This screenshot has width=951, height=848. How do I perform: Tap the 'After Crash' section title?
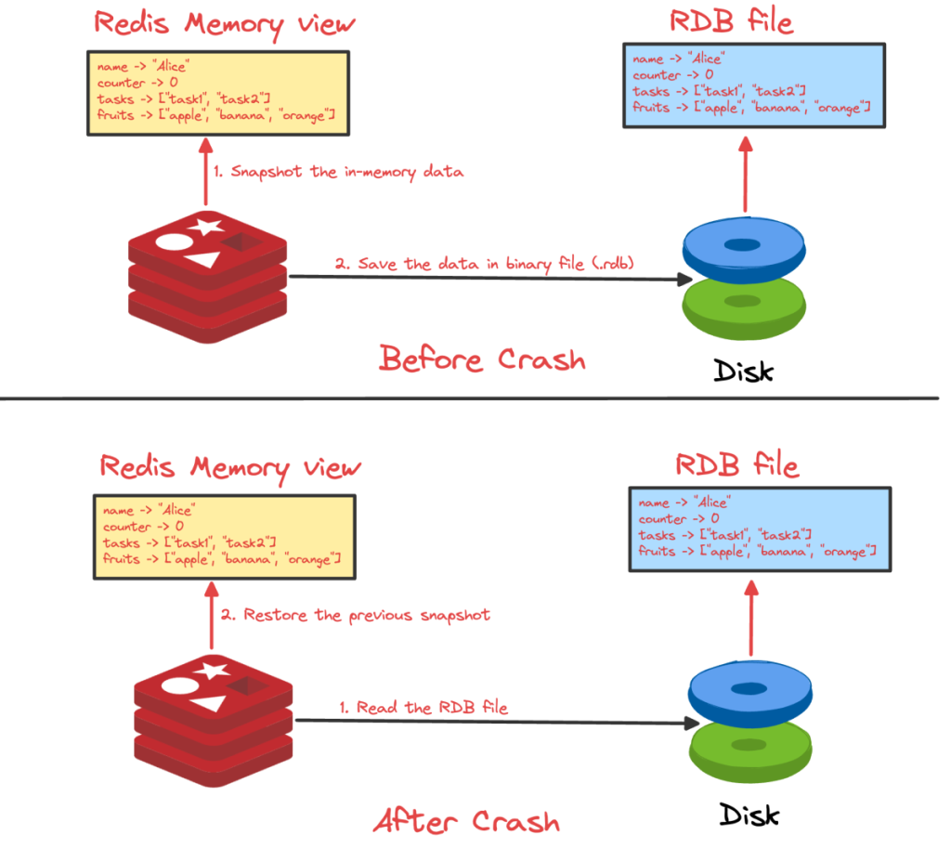(x=466, y=820)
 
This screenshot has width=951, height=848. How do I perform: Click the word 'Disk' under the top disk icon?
(x=743, y=371)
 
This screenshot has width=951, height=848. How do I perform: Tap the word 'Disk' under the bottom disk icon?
(x=749, y=815)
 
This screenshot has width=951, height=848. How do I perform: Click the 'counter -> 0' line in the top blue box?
(x=673, y=75)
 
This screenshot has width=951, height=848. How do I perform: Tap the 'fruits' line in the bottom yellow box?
(x=222, y=558)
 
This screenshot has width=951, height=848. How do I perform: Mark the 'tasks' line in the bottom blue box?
(x=725, y=535)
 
